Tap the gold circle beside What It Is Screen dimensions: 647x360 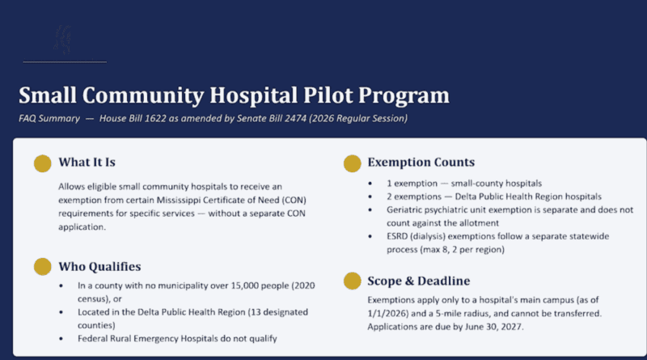(x=43, y=163)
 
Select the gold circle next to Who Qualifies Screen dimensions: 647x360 (x=43, y=267)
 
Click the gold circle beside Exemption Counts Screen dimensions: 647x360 (x=352, y=163)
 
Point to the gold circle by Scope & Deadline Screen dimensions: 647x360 (x=352, y=282)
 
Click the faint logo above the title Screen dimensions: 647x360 (x=63, y=40)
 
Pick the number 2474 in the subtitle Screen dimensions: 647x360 (x=295, y=118)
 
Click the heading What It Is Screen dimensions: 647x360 (x=87, y=163)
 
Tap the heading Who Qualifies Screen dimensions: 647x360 (x=99, y=267)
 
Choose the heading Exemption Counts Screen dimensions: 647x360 (x=421, y=163)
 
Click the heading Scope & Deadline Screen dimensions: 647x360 (x=418, y=281)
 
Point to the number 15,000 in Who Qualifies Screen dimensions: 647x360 (x=245, y=286)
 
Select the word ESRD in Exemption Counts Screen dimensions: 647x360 (x=397, y=236)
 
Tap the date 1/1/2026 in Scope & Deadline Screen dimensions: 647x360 (x=387, y=313)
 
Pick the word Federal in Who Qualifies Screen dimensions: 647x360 (x=91, y=338)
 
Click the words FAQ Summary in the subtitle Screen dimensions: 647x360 (x=49, y=118)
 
